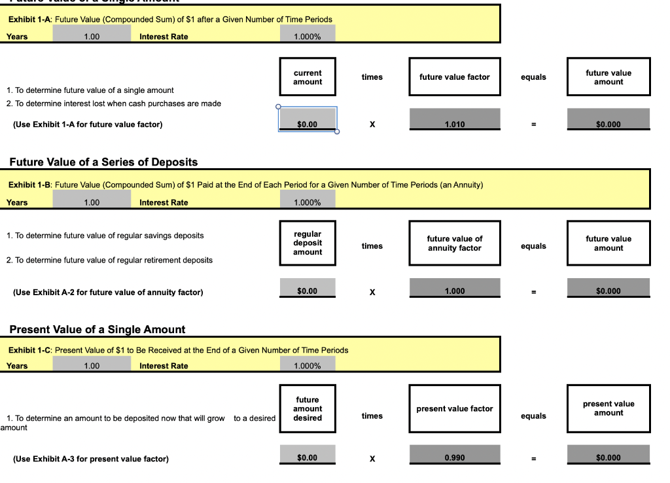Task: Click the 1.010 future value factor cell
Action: [455, 119]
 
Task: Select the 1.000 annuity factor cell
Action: [455, 287]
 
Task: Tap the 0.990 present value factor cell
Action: [455, 454]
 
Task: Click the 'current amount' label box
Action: [308, 77]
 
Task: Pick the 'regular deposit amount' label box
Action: [308, 243]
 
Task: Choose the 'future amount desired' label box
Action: [308, 408]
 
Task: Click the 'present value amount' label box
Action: [608, 408]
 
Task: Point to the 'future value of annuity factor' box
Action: [455, 243]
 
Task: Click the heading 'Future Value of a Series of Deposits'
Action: [103, 162]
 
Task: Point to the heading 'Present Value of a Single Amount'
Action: [97, 330]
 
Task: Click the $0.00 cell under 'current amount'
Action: [308, 119]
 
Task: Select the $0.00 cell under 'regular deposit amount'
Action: [308, 287]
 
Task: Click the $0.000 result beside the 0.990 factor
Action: [608, 454]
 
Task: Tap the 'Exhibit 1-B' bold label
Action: [30, 185]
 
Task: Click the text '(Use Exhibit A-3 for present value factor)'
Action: [90, 459]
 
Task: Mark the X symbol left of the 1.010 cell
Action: [372, 124]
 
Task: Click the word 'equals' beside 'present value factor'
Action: [533, 416]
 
